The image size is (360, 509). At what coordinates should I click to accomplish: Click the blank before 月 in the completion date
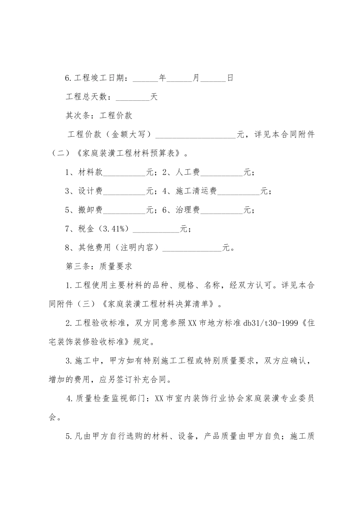[x=179, y=79]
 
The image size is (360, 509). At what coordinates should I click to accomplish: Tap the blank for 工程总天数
[x=133, y=98]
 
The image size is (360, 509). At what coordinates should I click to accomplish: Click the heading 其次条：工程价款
[x=99, y=116]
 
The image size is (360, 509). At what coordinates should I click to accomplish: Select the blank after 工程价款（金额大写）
[x=196, y=135]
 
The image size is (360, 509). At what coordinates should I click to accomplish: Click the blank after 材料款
[x=124, y=173]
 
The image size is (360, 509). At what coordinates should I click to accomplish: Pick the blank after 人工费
[x=222, y=173]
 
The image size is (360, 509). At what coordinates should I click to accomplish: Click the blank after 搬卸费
[x=124, y=211]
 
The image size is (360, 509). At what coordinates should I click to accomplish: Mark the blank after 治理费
[x=222, y=211]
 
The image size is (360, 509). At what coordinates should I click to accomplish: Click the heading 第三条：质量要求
[x=99, y=267]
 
